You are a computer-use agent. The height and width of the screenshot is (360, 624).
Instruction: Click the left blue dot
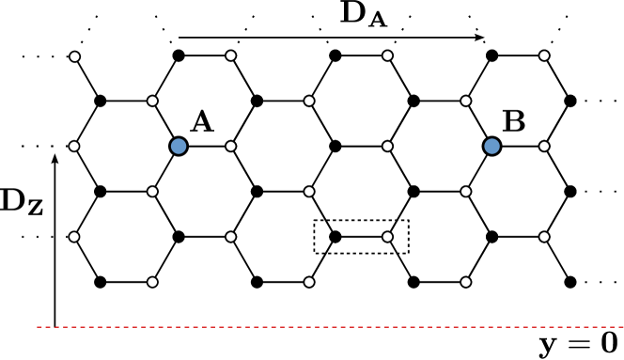tap(179, 146)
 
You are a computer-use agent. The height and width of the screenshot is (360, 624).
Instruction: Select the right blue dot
tap(491, 146)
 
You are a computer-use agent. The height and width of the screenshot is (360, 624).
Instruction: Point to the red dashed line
tap(329, 327)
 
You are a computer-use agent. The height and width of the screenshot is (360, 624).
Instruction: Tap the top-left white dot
tap(74, 56)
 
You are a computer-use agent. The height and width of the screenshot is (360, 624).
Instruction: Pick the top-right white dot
tap(544, 55)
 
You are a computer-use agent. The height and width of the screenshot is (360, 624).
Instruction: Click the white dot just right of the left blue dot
tap(230, 146)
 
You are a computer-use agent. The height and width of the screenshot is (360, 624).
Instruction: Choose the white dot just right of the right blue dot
tap(544, 146)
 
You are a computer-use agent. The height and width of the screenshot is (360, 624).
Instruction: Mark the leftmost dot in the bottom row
tap(152, 282)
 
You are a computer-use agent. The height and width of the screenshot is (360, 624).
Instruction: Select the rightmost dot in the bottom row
tap(465, 282)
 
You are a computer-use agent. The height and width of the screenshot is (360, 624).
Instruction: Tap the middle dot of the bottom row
tap(309, 282)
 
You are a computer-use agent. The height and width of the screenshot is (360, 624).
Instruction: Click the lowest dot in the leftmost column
tap(74, 237)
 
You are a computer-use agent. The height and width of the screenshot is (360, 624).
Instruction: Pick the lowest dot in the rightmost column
tap(544, 237)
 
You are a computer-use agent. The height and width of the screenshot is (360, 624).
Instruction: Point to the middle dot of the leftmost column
tap(74, 146)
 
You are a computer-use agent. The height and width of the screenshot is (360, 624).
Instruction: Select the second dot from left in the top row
tap(230, 55)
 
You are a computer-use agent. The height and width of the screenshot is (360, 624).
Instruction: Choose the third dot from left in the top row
tap(387, 55)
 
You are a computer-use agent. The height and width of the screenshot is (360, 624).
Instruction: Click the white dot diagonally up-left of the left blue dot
tap(152, 101)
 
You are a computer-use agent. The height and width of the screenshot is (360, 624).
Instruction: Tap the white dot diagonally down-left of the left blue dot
tap(152, 192)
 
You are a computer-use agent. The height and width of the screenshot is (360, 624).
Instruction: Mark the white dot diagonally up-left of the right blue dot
tap(465, 101)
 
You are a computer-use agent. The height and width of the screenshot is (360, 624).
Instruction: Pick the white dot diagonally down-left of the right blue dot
tap(465, 192)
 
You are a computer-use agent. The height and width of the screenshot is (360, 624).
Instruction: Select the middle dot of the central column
tap(309, 192)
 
